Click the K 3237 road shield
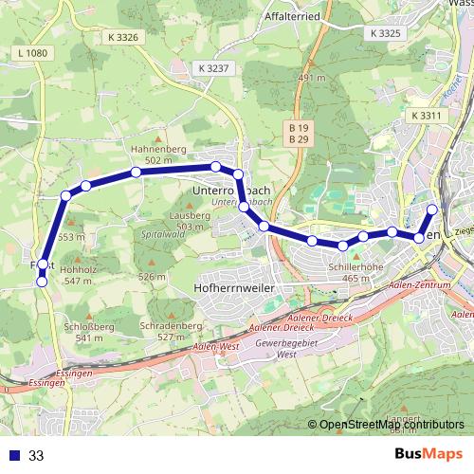click(x=215, y=68)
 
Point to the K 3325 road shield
click(x=386, y=33)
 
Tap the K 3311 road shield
click(x=428, y=115)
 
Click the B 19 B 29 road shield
click(x=299, y=133)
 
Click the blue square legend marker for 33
click(x=14, y=455)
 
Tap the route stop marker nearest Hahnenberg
click(x=137, y=172)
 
